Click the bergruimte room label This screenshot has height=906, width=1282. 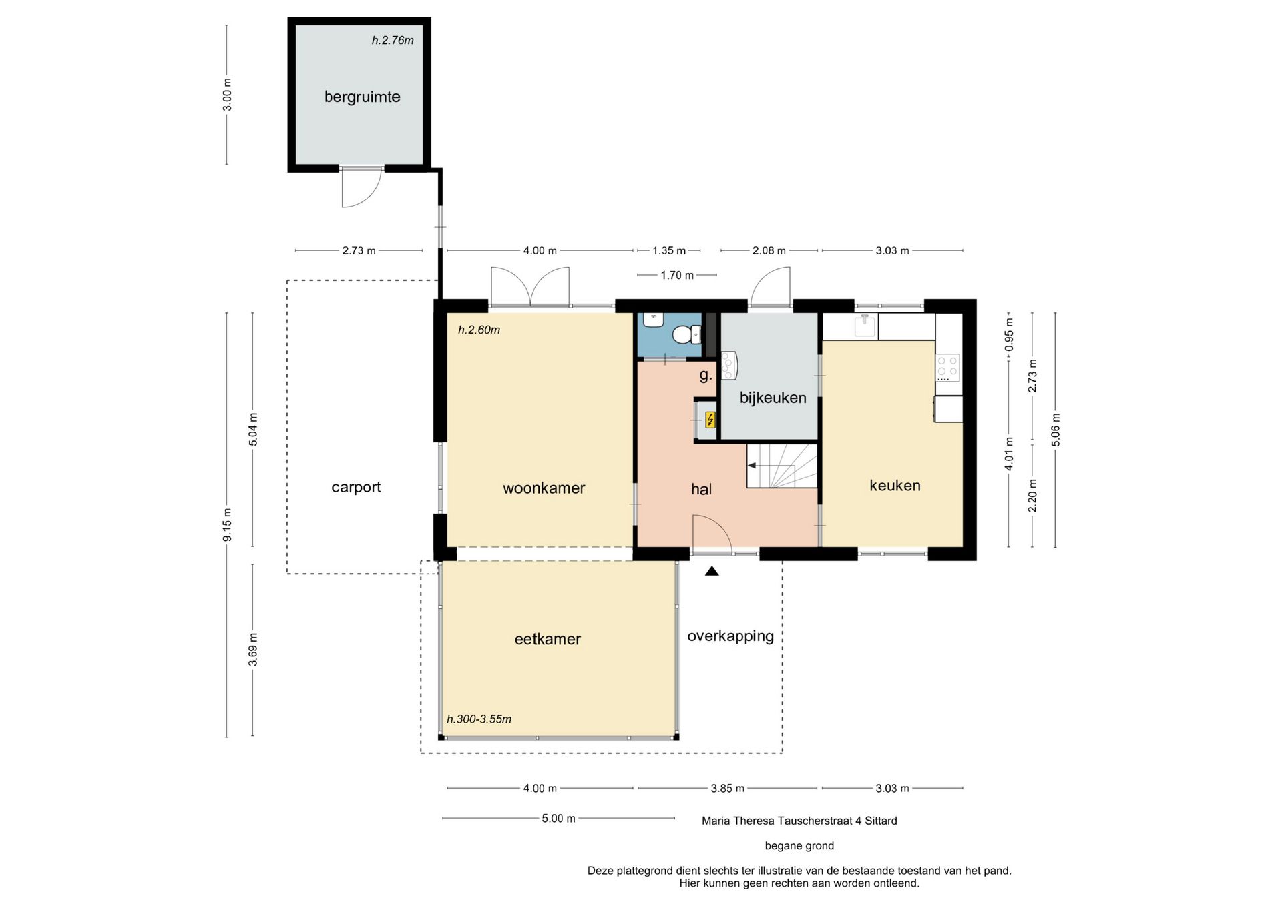click(362, 97)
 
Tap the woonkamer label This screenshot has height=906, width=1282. click(544, 488)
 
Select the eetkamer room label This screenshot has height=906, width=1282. click(548, 639)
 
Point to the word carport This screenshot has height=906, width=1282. click(356, 488)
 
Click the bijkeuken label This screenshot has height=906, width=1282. click(773, 398)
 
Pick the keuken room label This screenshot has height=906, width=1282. click(895, 486)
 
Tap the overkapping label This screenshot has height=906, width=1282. click(730, 636)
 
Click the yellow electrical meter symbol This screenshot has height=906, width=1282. click(710, 420)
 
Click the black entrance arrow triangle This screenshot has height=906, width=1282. click(712, 571)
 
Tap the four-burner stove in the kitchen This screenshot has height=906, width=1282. click(947, 367)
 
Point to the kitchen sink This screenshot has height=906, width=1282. click(865, 326)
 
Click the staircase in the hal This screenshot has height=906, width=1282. click(782, 466)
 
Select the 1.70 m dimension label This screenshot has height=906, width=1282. click(677, 275)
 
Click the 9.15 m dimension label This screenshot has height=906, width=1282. click(228, 525)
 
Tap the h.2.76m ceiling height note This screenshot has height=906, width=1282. click(393, 41)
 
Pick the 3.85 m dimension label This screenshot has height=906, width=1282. click(727, 789)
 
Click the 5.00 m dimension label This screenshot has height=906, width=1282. click(558, 819)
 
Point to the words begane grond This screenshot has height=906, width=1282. click(799, 846)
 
